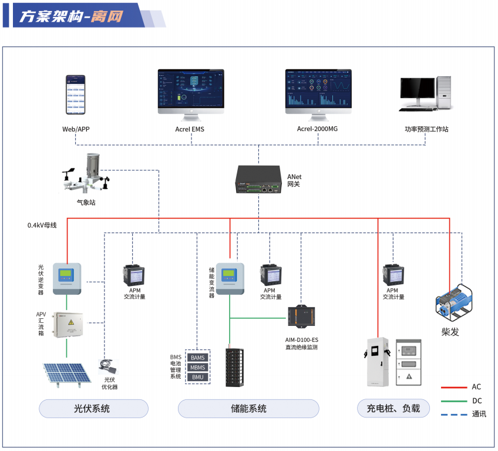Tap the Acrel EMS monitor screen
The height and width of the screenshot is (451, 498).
(191, 89)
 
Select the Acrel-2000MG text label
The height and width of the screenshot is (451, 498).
(318, 129)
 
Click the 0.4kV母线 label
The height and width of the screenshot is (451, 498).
(42, 225)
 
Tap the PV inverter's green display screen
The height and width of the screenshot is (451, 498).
(66, 273)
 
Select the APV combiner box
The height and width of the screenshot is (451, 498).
(66, 325)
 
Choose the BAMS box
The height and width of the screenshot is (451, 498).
(198, 358)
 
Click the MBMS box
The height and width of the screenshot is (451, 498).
(198, 367)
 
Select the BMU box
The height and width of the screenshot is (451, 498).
(198, 376)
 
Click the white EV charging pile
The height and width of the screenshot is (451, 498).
(378, 362)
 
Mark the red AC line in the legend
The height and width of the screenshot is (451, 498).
(453, 387)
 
